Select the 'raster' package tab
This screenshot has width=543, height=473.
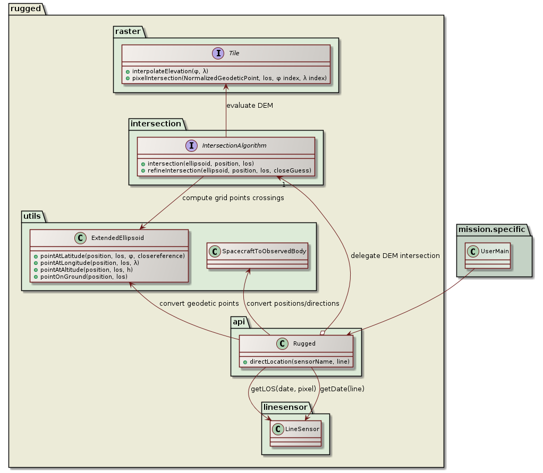pos(128,32)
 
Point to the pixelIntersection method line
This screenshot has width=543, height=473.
pos(226,78)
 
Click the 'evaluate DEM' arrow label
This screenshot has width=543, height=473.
pos(250,105)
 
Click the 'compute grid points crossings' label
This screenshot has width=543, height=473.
pos(233,198)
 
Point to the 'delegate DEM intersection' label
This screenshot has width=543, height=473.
pos(395,255)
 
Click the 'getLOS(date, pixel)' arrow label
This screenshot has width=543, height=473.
pos(283,389)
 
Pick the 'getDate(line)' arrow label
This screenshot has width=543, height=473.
pos(342,389)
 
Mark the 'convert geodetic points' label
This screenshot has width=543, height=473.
pos(199,303)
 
